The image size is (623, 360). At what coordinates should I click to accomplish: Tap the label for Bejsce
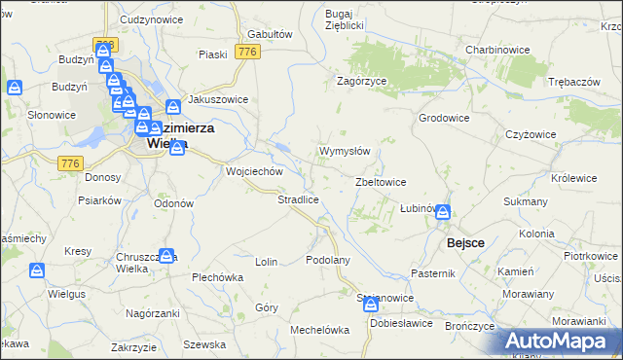[465, 242]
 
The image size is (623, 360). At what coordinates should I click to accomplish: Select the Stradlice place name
[299, 199]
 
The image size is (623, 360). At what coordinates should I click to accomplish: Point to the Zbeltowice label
[381, 182]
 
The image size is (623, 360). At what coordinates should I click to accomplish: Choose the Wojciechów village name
[254, 171]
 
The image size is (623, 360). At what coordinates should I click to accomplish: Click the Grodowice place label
[444, 118]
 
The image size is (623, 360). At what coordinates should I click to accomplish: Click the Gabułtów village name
[271, 33]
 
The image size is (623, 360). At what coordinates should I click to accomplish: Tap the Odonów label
[174, 203]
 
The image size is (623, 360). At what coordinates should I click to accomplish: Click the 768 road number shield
[105, 45]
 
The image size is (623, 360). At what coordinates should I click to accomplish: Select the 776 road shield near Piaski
[247, 52]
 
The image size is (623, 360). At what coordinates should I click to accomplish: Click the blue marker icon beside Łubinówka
[443, 211]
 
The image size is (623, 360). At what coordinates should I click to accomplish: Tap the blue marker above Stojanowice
[372, 305]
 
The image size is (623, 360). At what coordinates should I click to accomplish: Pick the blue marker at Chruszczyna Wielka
[166, 257]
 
